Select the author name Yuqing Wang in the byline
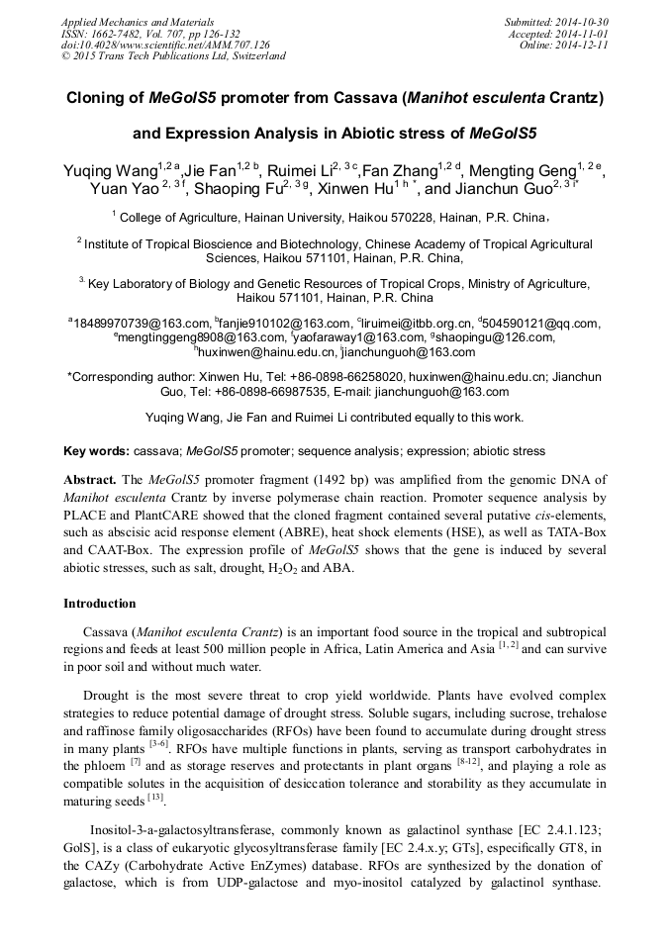(x=106, y=170)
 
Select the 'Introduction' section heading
(x=100, y=604)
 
